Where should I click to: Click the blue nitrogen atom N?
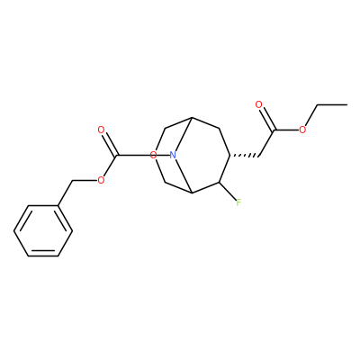[173, 156]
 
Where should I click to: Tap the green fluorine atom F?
[238, 202]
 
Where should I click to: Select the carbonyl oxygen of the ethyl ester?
[258, 104]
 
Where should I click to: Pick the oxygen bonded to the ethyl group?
[302, 130]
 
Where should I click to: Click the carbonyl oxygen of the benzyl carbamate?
[101, 130]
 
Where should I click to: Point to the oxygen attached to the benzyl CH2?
[101, 180]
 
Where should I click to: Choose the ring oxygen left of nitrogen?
[153, 156]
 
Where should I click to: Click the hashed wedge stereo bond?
[244, 156]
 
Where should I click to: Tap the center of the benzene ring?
[43, 230]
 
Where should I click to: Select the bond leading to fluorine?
[228, 191]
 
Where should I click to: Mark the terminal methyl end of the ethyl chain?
[347, 104]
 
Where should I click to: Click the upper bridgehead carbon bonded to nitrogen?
[192, 118]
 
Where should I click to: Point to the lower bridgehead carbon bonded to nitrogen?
[192, 193]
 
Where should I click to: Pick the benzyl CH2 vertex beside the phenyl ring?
[72, 181]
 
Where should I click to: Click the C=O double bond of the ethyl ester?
[266, 119]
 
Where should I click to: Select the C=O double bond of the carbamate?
[109, 143]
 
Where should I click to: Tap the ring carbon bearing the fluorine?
[220, 183]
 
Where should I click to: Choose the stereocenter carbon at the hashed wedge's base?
[230, 156]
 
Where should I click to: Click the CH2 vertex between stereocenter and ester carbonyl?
[258, 156]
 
